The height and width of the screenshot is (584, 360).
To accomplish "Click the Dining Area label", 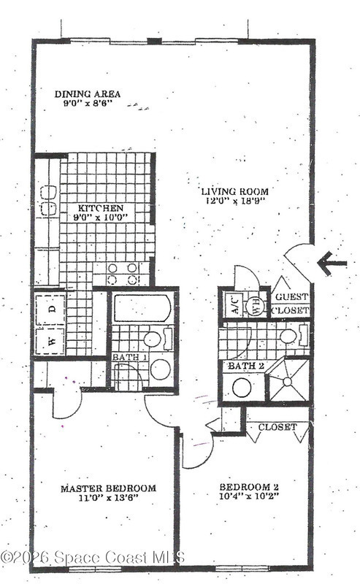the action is point(88,94).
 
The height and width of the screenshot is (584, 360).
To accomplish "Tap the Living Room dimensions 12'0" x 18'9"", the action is point(235,201).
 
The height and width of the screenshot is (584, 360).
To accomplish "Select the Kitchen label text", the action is point(100,208).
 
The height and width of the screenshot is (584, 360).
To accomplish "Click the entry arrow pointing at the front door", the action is point(332,263).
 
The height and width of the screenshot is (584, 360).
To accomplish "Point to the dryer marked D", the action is point(51,309).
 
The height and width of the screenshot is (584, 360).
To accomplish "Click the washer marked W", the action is point(51,341).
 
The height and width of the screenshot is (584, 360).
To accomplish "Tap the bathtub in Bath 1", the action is point(142,308).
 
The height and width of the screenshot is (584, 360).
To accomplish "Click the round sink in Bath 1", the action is point(160,369).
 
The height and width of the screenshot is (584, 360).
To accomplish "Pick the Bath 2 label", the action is point(246,366).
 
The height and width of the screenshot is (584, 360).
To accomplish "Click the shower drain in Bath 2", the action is point(287,381).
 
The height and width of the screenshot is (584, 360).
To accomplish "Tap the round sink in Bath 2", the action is point(242,388).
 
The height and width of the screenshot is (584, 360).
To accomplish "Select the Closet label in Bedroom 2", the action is point(277,427).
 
